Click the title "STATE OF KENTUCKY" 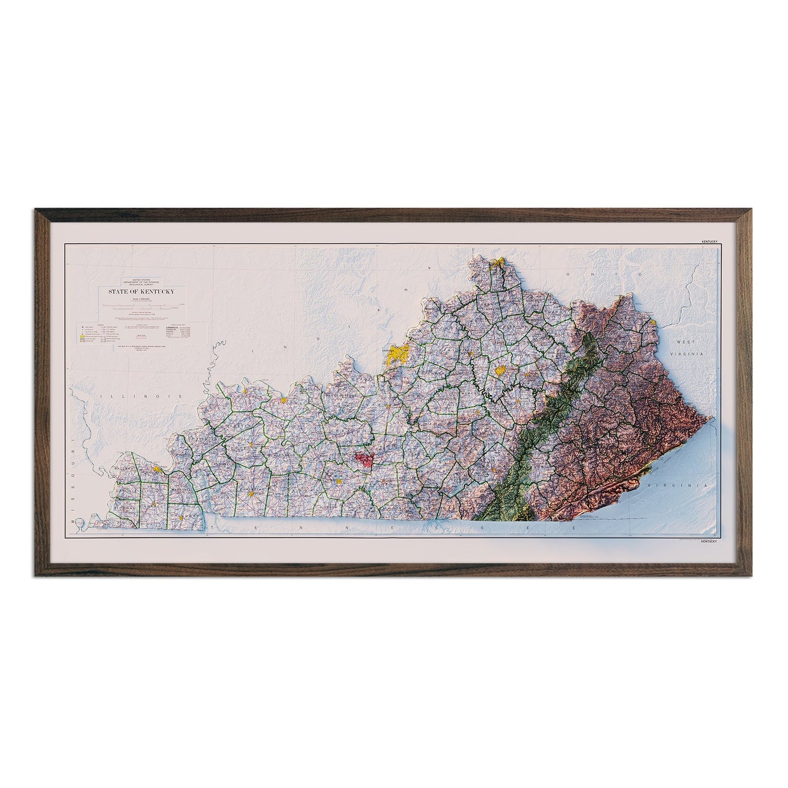[141, 292]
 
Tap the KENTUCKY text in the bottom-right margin [708, 541]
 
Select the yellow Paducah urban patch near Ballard [158, 468]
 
